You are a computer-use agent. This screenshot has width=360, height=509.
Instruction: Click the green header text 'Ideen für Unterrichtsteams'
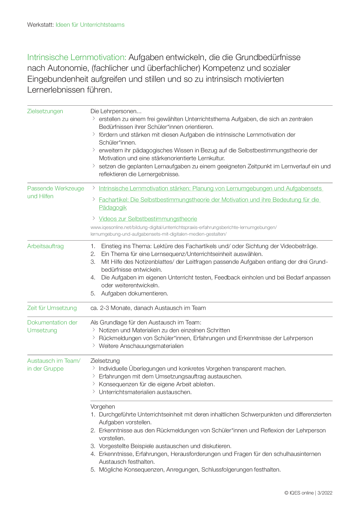pos(90,25)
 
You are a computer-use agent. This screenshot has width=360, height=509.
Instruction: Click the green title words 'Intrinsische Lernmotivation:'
pos(77,57)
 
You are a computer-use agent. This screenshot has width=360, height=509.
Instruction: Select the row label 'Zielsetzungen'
pos(45,111)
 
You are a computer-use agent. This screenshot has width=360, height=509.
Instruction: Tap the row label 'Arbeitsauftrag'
pos(45,246)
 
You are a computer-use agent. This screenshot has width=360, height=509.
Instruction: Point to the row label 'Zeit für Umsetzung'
pos(52,308)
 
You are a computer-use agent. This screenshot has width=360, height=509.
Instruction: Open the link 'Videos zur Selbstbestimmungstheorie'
pos(148,219)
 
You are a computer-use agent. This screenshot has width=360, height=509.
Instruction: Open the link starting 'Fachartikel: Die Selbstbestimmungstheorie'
pos(209,200)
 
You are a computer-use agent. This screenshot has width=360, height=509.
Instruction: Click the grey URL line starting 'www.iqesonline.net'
pos(183,228)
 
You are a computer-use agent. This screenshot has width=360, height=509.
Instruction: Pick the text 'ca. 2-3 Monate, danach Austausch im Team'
pos(148,308)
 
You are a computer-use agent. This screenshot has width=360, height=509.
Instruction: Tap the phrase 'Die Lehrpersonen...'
pos(116,111)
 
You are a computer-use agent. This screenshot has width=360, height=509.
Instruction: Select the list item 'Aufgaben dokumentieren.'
pos(134,294)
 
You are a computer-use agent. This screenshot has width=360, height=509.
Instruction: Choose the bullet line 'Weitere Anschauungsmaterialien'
pos(141,346)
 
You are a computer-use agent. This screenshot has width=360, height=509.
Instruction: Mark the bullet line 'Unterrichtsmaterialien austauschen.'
pos(145,392)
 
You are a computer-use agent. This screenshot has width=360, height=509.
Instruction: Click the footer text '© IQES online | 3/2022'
pos(308,493)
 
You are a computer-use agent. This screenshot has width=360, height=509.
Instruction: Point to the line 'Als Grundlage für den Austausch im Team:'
pos(146,323)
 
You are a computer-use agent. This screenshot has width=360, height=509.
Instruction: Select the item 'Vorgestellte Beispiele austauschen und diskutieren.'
pos(165,446)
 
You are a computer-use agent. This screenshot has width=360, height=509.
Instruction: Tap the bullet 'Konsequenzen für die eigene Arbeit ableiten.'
pos(157,385)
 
